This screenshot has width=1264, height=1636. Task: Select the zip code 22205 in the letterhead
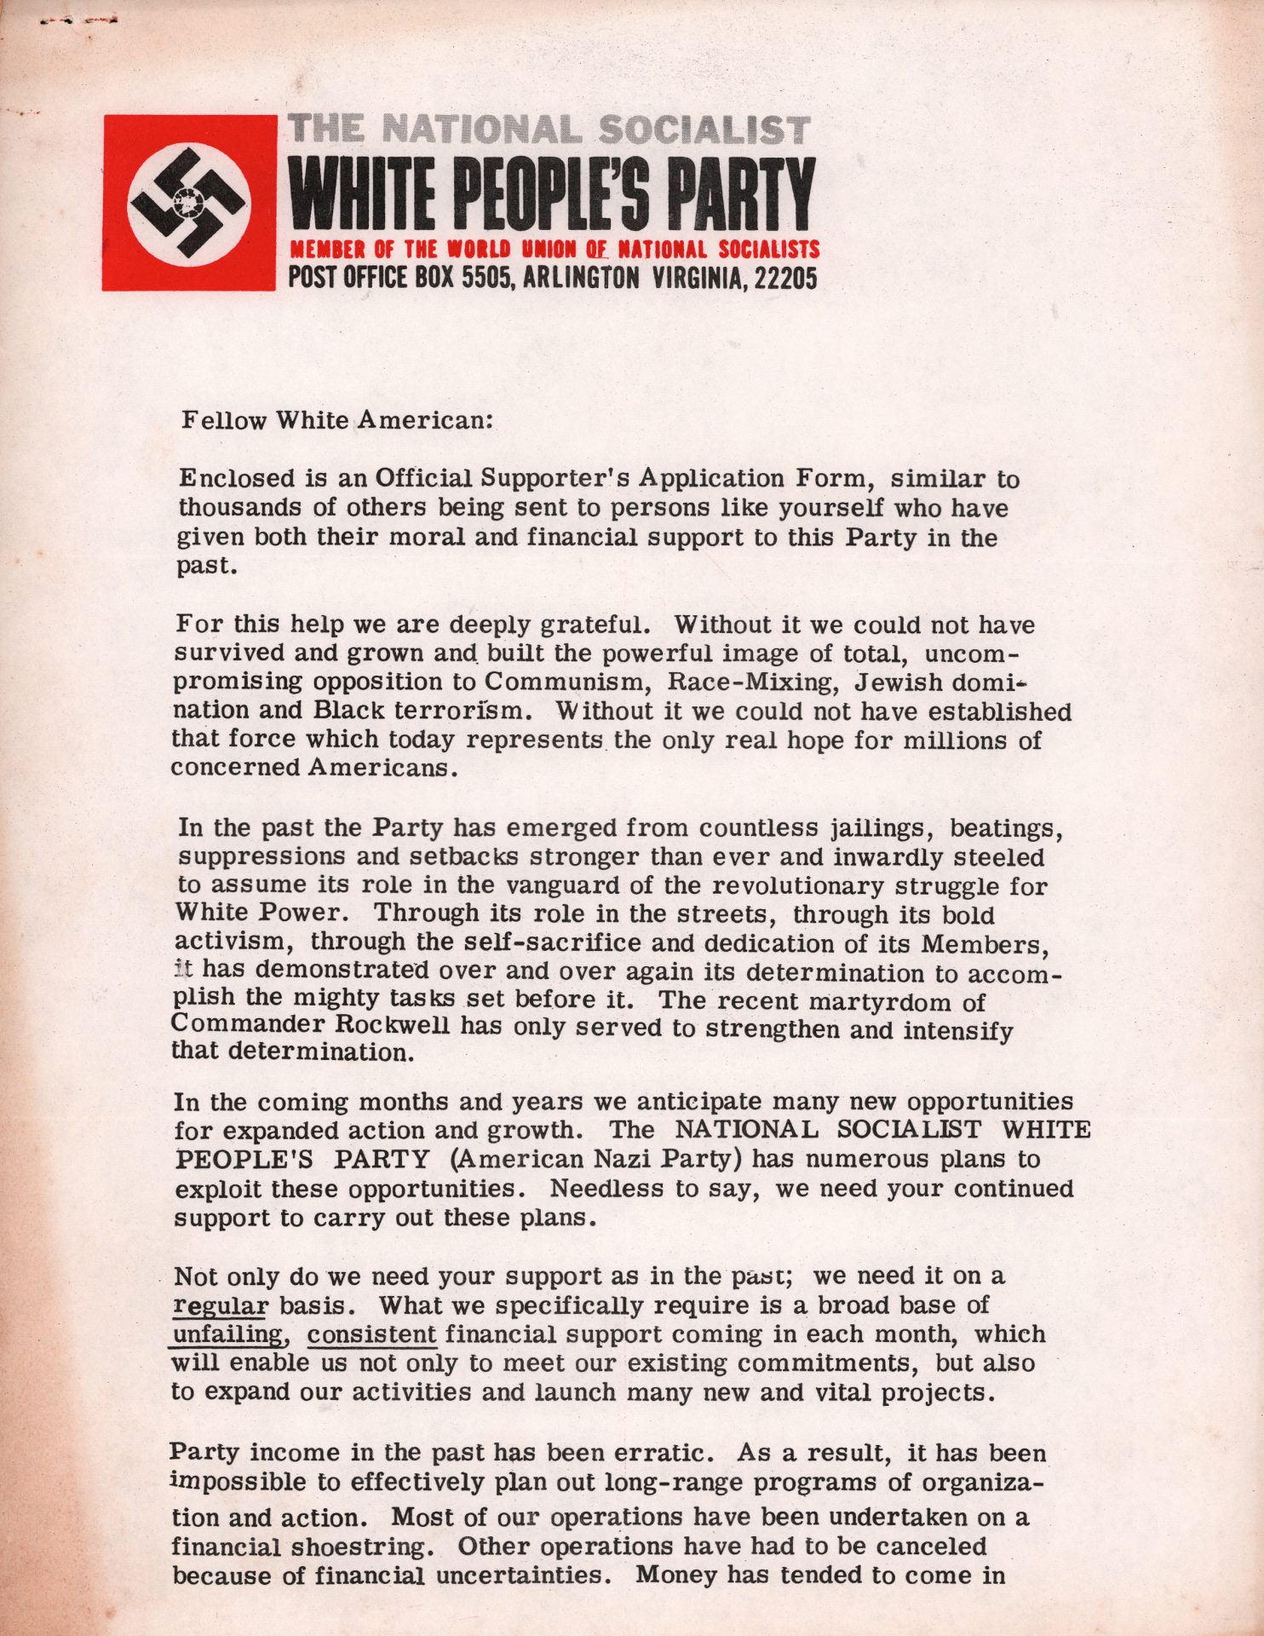tap(786, 278)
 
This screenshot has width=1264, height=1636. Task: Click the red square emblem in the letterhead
tap(189, 203)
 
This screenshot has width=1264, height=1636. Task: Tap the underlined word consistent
tap(372, 1334)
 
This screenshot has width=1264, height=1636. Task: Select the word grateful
tap(596, 625)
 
